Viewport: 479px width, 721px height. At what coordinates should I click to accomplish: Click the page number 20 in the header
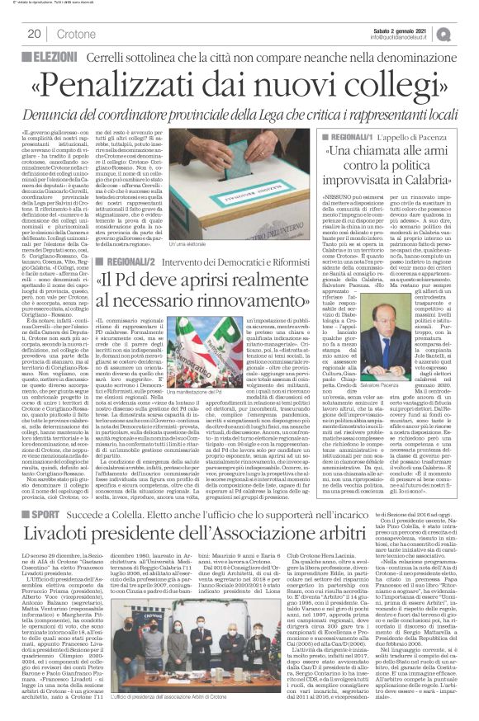point(34,34)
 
